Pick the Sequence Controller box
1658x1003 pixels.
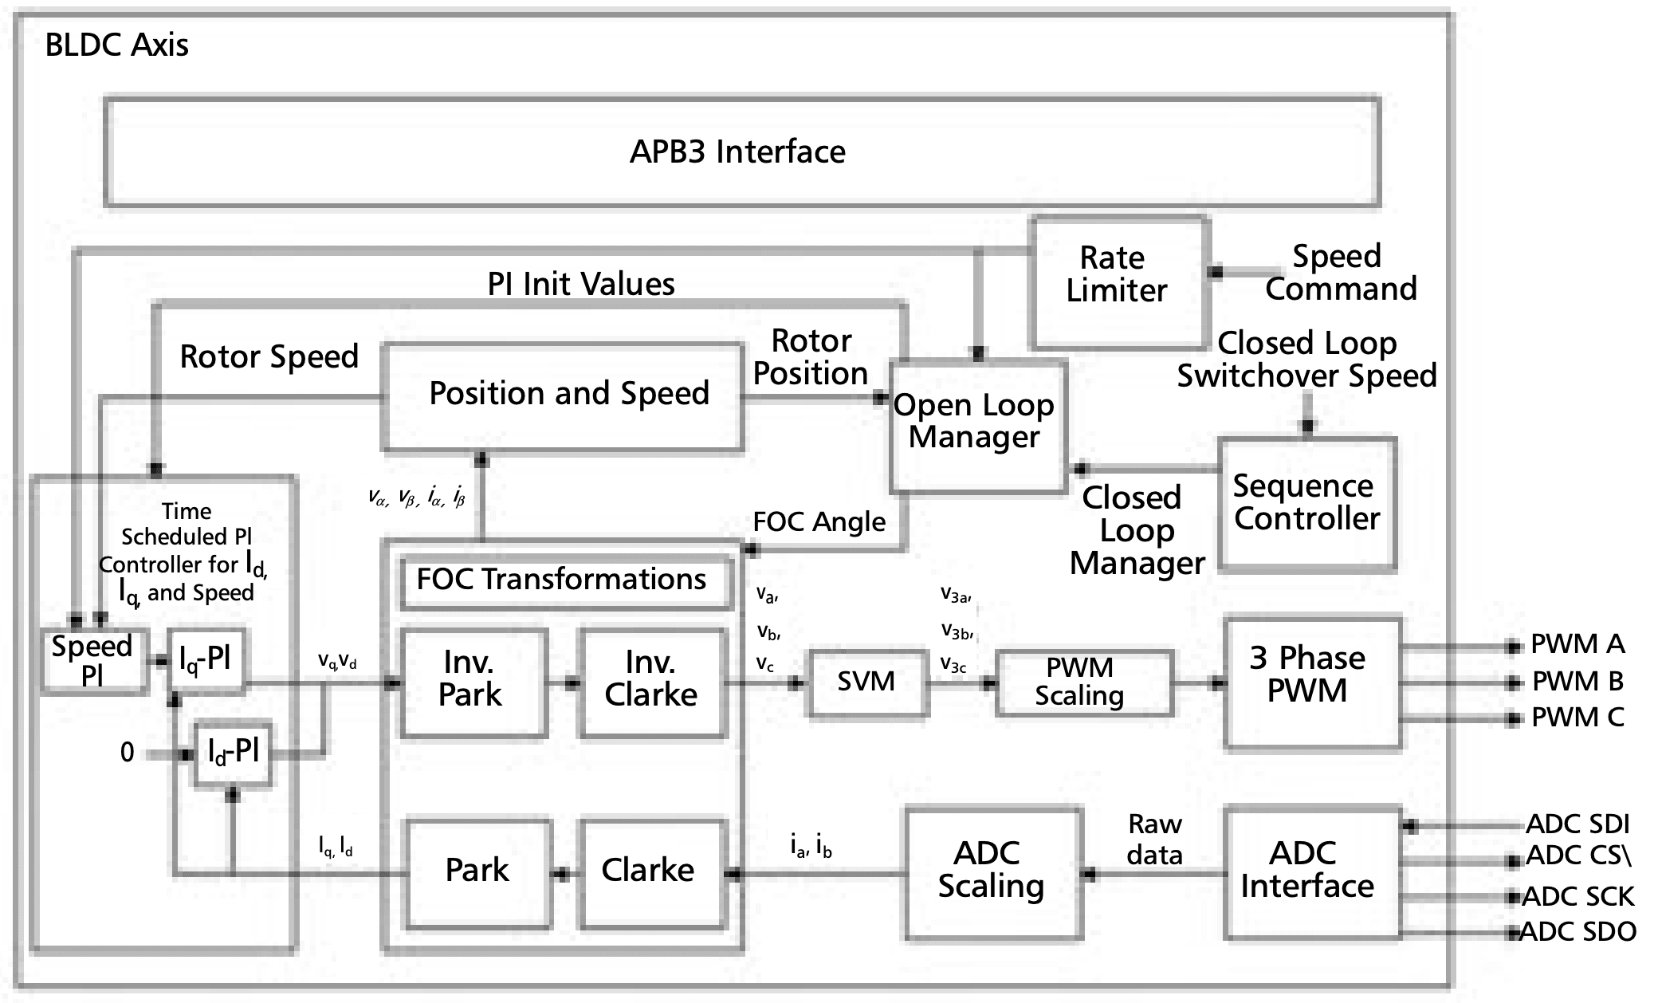click(1307, 504)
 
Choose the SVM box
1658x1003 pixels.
click(867, 682)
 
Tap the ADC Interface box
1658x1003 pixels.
click(1310, 871)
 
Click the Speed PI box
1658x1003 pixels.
click(92, 661)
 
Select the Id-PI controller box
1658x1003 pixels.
click(233, 753)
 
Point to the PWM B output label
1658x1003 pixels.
click(1577, 682)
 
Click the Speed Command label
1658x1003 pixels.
click(1341, 273)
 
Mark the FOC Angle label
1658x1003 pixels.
click(819, 522)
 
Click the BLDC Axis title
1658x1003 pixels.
click(117, 45)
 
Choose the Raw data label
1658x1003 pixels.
click(1154, 840)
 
